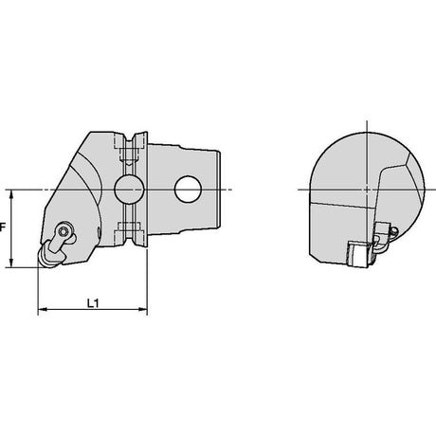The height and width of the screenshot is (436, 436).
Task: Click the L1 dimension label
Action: (93, 303)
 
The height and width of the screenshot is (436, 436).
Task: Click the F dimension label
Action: (3, 227)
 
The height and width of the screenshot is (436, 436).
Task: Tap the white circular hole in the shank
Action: (188, 189)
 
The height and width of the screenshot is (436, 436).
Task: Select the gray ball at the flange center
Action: (129, 190)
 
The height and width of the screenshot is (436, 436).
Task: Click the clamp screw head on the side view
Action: (64, 231)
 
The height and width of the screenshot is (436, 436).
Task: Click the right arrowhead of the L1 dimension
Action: (143, 309)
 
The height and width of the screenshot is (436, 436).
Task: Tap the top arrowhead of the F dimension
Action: (11, 194)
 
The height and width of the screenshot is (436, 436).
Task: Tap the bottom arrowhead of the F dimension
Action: (11, 263)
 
